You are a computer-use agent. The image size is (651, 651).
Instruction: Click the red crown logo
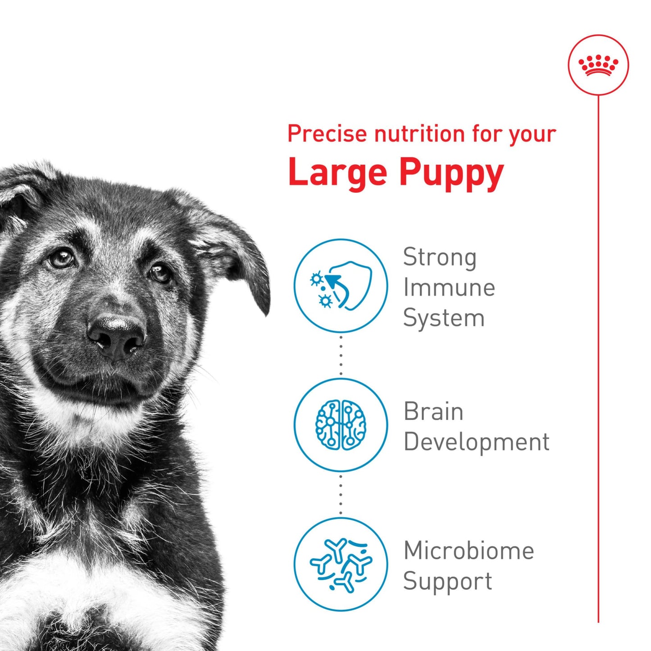click(598, 65)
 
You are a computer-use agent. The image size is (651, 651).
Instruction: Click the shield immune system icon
click(341, 286)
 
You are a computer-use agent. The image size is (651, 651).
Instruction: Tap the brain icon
click(341, 425)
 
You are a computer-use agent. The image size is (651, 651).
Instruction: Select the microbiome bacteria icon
click(341, 564)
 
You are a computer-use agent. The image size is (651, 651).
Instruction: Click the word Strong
click(439, 258)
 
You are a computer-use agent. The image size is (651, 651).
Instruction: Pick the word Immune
click(449, 288)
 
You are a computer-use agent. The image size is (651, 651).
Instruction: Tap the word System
click(443, 319)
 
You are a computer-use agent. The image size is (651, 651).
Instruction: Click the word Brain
click(433, 411)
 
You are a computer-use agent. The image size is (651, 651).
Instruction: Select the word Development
click(476, 442)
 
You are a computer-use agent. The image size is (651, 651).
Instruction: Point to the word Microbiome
click(469, 551)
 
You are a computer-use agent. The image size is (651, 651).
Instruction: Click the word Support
click(447, 582)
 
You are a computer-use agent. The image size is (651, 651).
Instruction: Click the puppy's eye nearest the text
click(160, 272)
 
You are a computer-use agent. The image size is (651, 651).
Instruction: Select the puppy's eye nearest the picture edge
click(61, 258)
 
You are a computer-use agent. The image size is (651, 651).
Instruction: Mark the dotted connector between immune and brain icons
click(341, 355)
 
